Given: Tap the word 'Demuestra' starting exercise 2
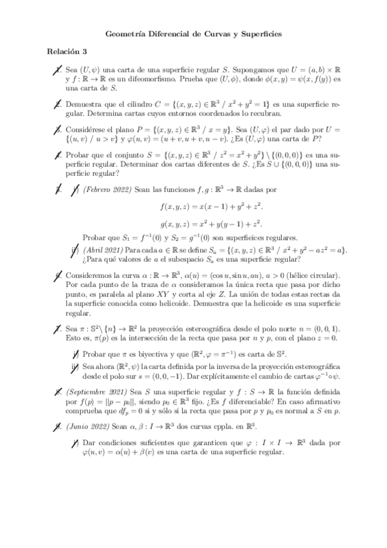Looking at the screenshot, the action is point(85,103).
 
